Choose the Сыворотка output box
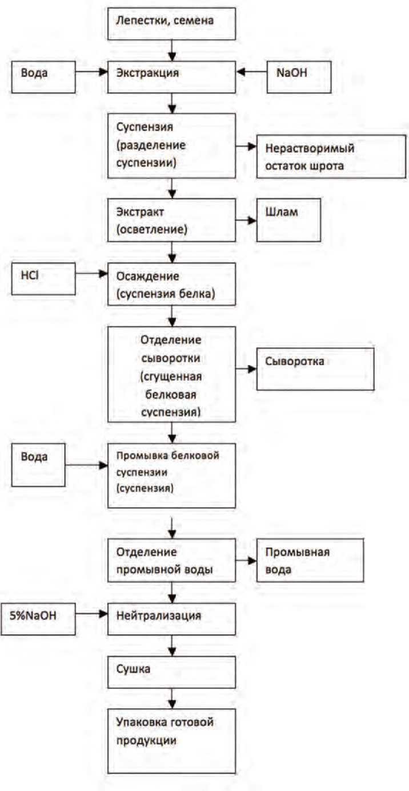tap(315, 368)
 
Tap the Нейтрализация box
tap(171, 618)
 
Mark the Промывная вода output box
tap(310, 561)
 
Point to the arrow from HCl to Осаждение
tap(91, 274)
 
